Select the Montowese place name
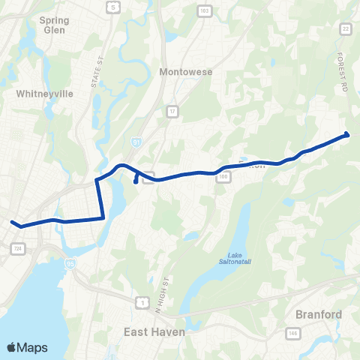(x=187, y=72)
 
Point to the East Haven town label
(x=154, y=331)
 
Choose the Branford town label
(x=319, y=314)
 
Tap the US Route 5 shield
(x=112, y=7)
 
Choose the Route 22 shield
(x=346, y=28)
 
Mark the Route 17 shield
(x=172, y=112)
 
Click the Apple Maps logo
(x=27, y=347)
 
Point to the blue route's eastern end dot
(x=346, y=134)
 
